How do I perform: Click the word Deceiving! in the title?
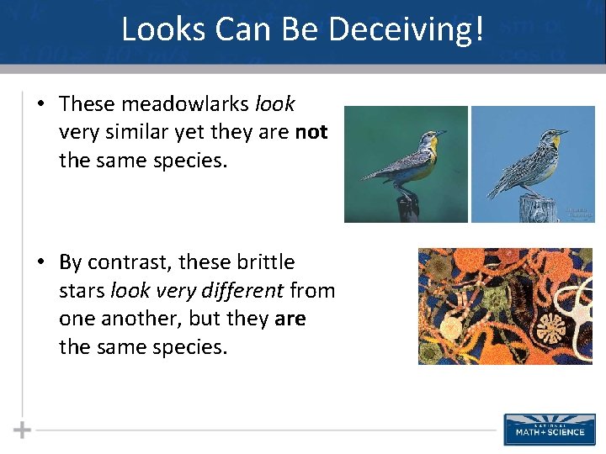tap(407, 29)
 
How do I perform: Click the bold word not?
tap(311, 132)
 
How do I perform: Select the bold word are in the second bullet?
tap(290, 319)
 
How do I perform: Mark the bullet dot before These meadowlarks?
tap(40, 104)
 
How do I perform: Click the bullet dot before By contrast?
tap(40, 262)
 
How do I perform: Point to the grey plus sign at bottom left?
tap(22, 430)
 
